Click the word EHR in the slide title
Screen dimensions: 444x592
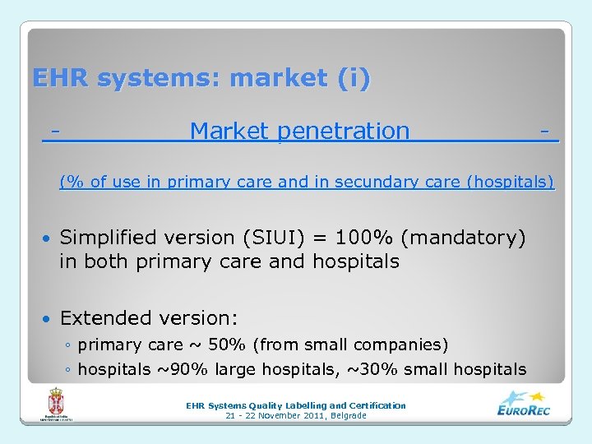coord(61,79)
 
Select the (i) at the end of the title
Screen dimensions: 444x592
coord(353,79)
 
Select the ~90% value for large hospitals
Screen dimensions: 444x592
coord(176,369)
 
